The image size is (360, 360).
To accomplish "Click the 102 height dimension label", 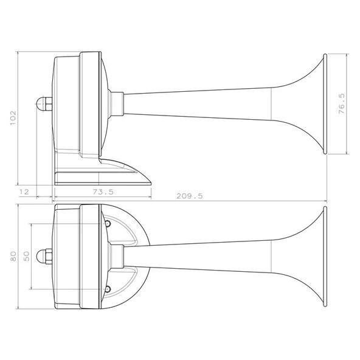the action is (13, 118).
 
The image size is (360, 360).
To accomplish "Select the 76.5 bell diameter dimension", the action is (342, 103).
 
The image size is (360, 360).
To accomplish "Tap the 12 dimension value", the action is (24, 192).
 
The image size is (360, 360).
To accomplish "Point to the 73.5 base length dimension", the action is (103, 192).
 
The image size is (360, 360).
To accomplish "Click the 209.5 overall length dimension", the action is (190, 196).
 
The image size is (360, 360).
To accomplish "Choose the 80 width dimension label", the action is (13, 256).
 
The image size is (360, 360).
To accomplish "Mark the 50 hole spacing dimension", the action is (26, 256).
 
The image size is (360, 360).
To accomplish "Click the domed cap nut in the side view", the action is (44, 104).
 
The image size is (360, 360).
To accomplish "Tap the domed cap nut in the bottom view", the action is (44, 256).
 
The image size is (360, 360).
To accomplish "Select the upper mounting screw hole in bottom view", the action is (108, 223).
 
